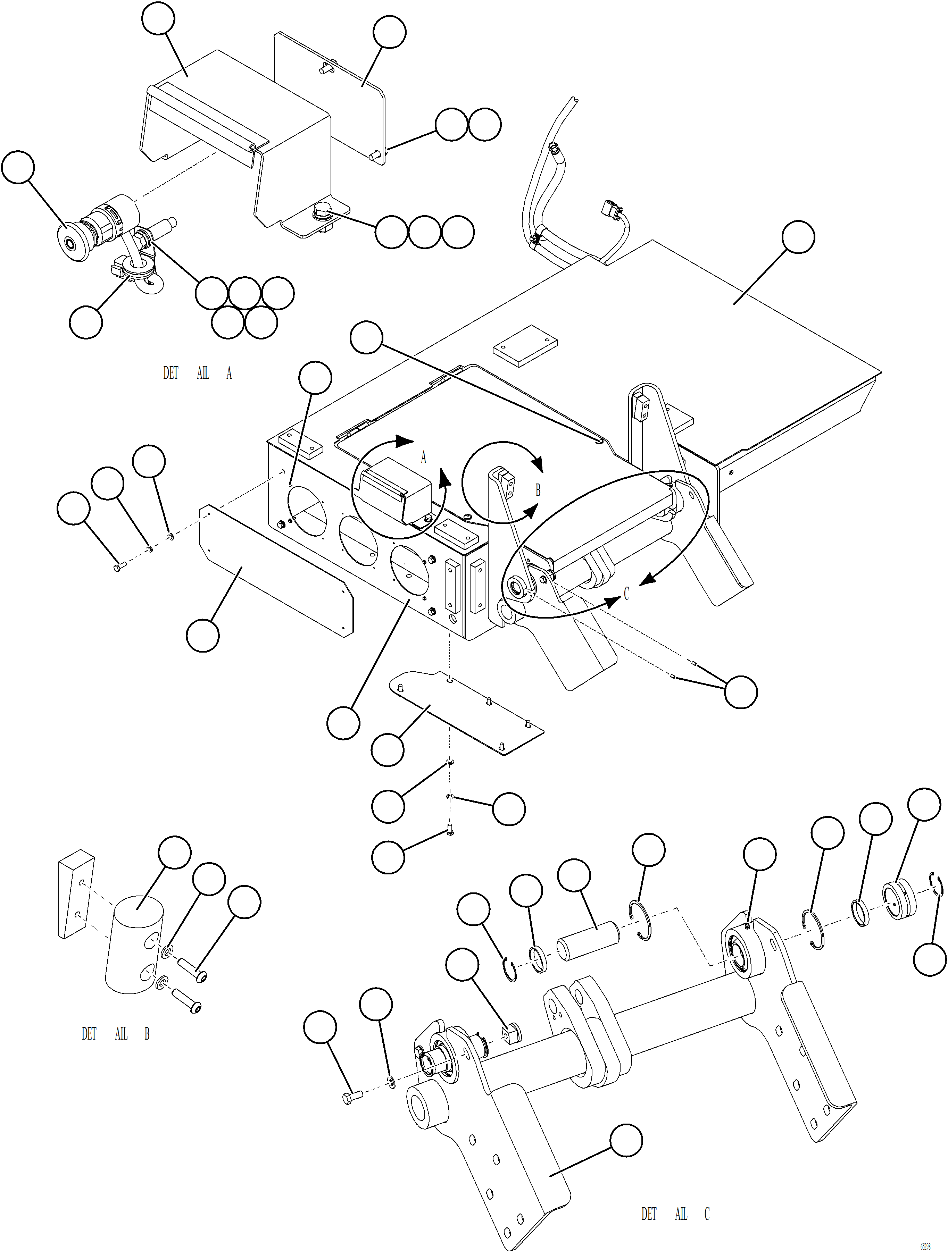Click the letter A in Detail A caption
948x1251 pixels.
point(229,373)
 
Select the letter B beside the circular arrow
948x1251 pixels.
point(538,490)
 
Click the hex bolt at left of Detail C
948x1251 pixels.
point(351,1098)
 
